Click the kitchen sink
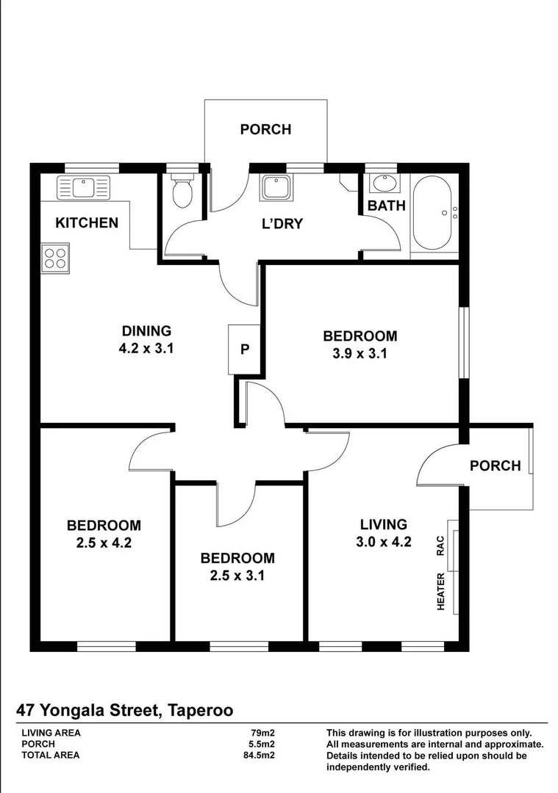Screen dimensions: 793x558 point(83,187)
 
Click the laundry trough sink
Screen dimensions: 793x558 point(278,187)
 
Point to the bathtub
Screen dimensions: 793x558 point(434,213)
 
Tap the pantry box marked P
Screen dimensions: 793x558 point(245,350)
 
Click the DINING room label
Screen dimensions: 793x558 point(146,331)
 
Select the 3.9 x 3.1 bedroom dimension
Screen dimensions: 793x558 point(360,353)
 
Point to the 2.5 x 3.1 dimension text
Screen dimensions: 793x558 point(237,576)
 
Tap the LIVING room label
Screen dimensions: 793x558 point(383,524)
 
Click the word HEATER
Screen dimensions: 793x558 point(442,592)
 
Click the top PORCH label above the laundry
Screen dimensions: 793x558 point(265,129)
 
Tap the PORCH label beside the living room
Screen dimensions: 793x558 point(495,466)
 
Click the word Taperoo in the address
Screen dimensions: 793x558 point(201,710)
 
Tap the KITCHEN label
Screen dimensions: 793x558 point(87,222)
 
